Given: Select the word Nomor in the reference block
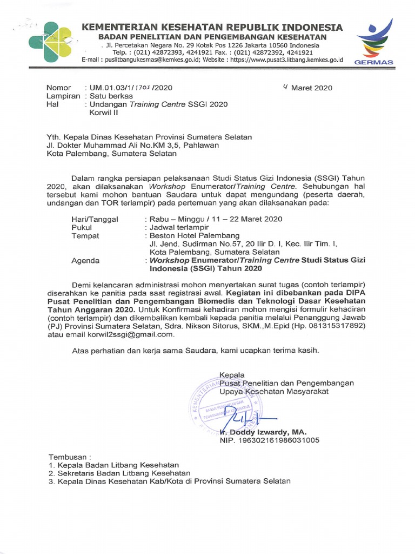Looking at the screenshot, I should pos(59,88).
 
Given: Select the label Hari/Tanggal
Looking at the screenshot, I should pos(95,219).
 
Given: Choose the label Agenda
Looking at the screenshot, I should pos(85,260).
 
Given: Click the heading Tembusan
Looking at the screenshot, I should pos(70,456).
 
